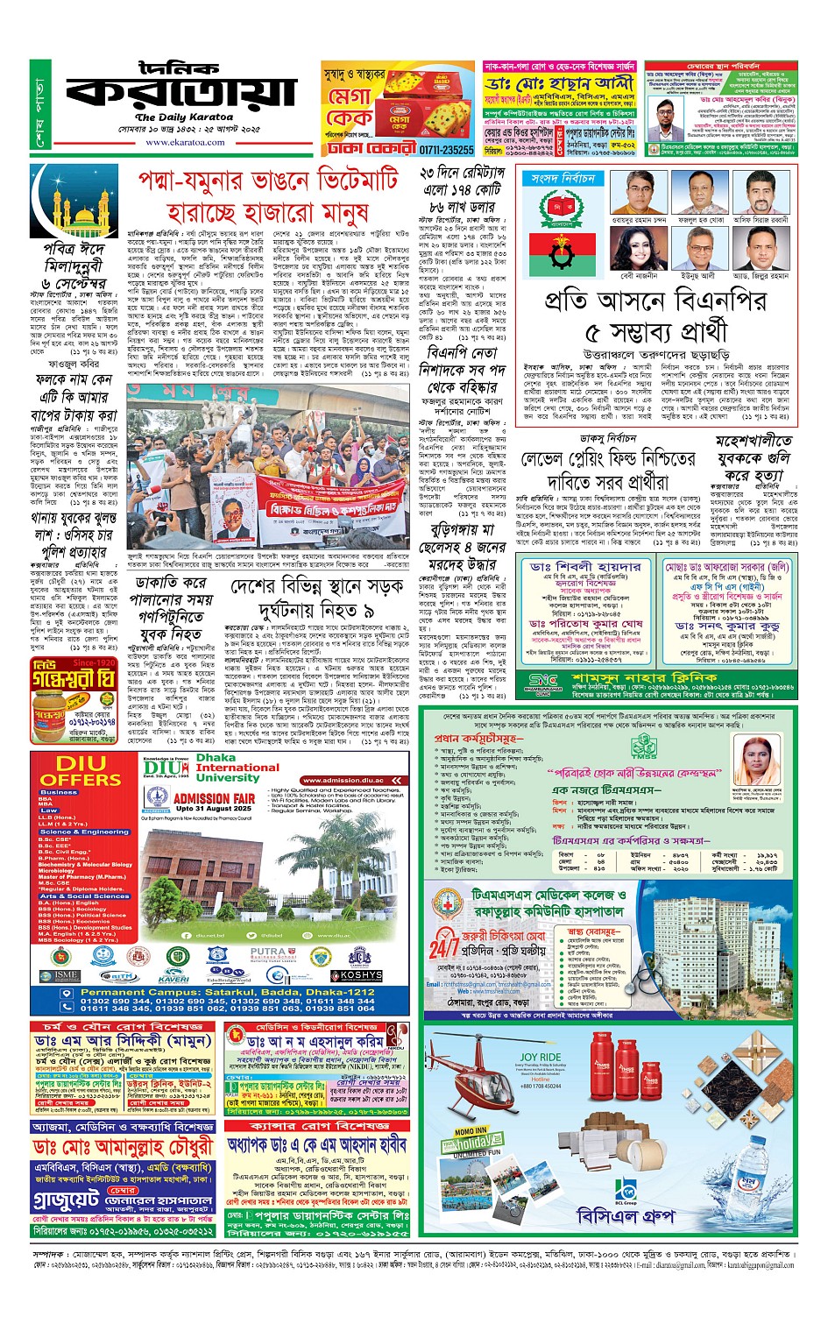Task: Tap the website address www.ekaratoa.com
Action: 185,142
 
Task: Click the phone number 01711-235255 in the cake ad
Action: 446,150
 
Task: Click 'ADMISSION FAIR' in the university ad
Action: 214,798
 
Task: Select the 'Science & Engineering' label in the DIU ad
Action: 84,832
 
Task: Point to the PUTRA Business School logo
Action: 267,952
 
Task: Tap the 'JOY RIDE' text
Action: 541,1058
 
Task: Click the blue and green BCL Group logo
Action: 625,1189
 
